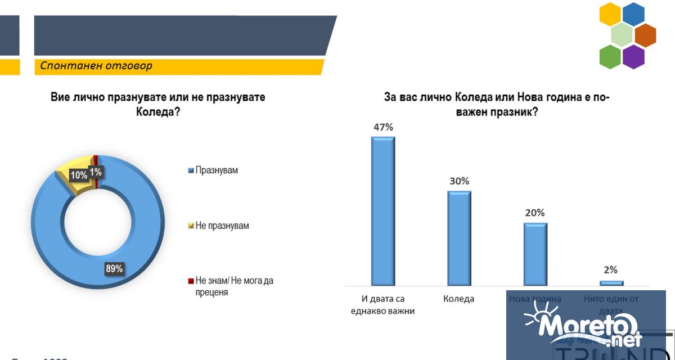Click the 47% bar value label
[383, 127]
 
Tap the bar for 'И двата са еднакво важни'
[383, 211]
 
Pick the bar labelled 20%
[535, 254]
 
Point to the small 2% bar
[611, 283]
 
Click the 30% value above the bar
[459, 181]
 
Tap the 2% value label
[611, 269]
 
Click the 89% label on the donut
[114, 268]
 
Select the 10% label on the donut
[78, 175]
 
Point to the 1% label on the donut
[95, 172]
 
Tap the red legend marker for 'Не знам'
[191, 281]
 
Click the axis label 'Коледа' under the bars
[458, 299]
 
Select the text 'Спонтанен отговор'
[96, 66]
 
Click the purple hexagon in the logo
[633, 56]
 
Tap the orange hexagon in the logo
[645, 35]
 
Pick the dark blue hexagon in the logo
[633, 15]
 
